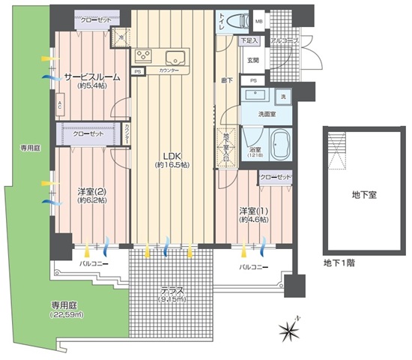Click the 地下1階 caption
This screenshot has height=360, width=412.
[x=337, y=262]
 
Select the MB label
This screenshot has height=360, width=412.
[x=258, y=22]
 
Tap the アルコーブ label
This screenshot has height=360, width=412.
[x=285, y=40]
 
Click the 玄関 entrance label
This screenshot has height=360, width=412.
[x=253, y=60]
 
